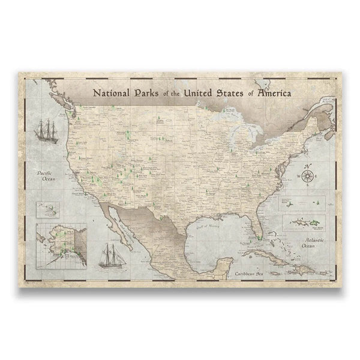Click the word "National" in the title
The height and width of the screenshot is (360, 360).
pyautogui.click(x=112, y=94)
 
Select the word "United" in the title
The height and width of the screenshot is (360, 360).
pyautogui.click(x=205, y=94)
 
